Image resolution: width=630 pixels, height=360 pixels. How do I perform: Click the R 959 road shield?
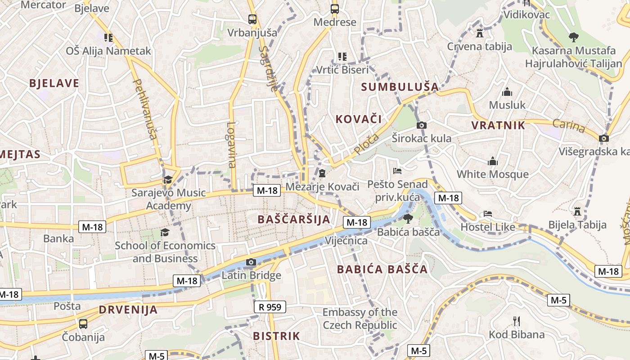click(270, 307)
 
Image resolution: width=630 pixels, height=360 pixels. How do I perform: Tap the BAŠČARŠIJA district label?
click(294, 220)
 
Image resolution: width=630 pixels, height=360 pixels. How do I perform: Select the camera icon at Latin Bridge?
click(251, 262)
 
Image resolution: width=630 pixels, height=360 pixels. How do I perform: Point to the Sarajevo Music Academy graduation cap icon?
click(168, 180)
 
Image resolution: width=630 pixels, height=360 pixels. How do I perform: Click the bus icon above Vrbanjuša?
click(252, 19)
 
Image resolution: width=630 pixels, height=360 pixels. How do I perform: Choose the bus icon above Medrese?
click(335, 9)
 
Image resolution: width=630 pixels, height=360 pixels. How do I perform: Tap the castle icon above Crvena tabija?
click(480, 33)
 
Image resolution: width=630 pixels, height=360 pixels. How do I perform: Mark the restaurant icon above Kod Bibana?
click(517, 321)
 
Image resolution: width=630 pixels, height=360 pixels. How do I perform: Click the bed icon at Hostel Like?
click(488, 214)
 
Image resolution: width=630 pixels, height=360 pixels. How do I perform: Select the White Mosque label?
click(493, 174)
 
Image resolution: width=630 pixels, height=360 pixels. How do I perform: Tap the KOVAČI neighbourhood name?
click(359, 119)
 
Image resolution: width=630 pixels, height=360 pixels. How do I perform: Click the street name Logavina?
click(232, 145)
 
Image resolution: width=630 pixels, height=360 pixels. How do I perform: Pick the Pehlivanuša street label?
click(145, 109)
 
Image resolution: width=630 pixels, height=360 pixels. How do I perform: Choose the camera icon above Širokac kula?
click(422, 125)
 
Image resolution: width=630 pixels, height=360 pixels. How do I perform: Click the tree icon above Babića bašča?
click(408, 219)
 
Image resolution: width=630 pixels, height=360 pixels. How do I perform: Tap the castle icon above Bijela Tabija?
click(578, 211)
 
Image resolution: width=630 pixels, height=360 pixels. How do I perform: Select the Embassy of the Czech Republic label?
click(360, 319)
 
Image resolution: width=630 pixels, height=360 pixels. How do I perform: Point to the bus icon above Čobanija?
click(83, 324)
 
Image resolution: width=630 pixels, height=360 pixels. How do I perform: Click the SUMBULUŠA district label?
click(400, 86)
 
